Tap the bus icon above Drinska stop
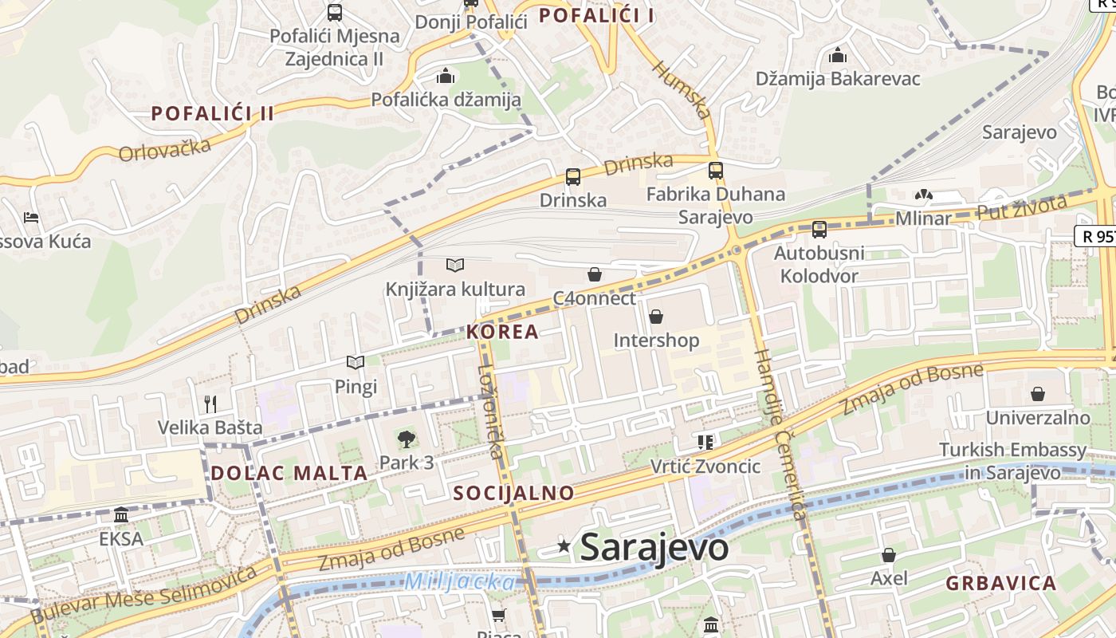pos(572,177)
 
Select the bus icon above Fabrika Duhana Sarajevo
pos(716,171)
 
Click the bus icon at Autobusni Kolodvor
pos(819,230)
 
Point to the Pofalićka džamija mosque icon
pos(446,77)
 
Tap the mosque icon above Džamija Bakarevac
pos(837,56)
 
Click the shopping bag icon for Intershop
pos(656,317)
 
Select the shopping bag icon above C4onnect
pos(594,275)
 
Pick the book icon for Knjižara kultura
pos(455,265)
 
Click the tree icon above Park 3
pos(407,438)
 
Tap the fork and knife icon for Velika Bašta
pos(210,404)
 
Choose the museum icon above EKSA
pos(121,515)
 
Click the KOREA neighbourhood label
pos(503,332)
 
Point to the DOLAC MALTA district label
pos(289,473)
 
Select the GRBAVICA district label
pos(1001,583)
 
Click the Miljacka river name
pos(459,582)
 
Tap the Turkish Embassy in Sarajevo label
pos(1012,461)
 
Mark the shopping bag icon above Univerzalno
pos(1038,394)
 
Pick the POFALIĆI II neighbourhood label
pos(213,113)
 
